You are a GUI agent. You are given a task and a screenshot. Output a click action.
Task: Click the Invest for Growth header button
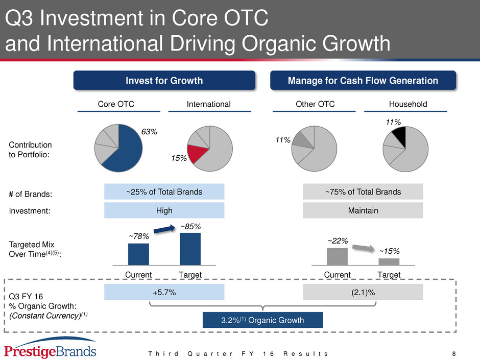tap(164, 81)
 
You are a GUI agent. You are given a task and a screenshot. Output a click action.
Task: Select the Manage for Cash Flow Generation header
tap(363, 81)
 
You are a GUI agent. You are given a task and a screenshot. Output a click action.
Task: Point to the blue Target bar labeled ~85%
tap(190, 249)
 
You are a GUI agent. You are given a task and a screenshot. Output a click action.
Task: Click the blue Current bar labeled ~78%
tap(138, 254)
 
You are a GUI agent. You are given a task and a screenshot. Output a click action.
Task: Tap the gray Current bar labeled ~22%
tap(338, 256)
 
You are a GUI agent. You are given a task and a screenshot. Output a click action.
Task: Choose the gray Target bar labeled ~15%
tap(389, 262)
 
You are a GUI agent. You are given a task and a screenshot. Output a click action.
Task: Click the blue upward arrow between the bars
tap(164, 229)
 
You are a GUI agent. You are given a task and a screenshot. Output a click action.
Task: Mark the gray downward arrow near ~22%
tap(364, 248)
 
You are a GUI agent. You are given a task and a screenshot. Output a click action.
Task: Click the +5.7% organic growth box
tap(164, 292)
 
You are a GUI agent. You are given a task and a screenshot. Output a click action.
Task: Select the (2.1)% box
tap(363, 292)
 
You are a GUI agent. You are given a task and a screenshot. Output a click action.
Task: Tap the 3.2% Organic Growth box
tap(262, 320)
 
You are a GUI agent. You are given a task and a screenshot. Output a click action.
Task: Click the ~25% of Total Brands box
tap(164, 191)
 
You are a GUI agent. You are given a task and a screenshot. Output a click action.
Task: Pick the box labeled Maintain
tap(363, 210)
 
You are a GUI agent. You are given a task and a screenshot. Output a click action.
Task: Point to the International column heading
tap(209, 104)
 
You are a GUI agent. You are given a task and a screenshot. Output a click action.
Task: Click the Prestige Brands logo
tap(50, 348)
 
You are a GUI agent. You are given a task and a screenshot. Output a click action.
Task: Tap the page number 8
tap(454, 354)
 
